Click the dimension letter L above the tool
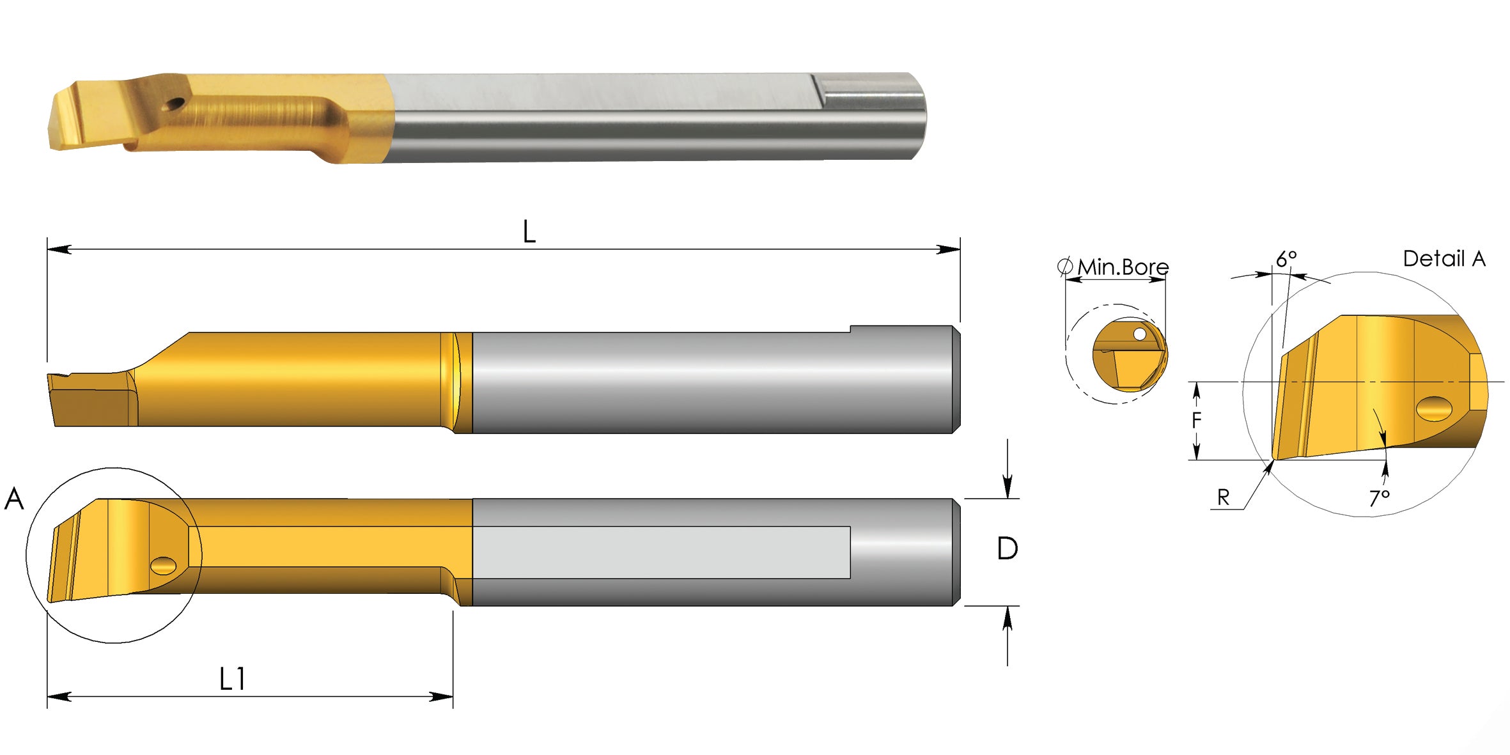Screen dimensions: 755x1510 pos(529,231)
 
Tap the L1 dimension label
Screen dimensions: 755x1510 pos(231,679)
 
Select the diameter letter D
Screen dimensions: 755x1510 pos(1007,549)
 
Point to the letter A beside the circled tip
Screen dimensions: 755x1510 pos(14,499)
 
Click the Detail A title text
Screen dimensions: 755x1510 pos(1444,259)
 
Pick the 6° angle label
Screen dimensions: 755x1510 pos(1286,259)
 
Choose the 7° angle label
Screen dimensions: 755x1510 pos(1379,497)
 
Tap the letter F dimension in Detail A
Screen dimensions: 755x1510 pos(1196,420)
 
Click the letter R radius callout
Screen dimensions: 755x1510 pos(1223,497)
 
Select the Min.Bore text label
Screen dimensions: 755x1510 pos(1123,267)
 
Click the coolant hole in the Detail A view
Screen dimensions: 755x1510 pos(1434,409)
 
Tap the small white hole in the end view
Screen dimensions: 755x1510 pos(1139,334)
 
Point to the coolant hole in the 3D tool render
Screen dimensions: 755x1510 pos(174,104)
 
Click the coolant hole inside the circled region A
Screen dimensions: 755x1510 pos(164,565)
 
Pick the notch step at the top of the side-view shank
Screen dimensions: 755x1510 pos(850,329)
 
